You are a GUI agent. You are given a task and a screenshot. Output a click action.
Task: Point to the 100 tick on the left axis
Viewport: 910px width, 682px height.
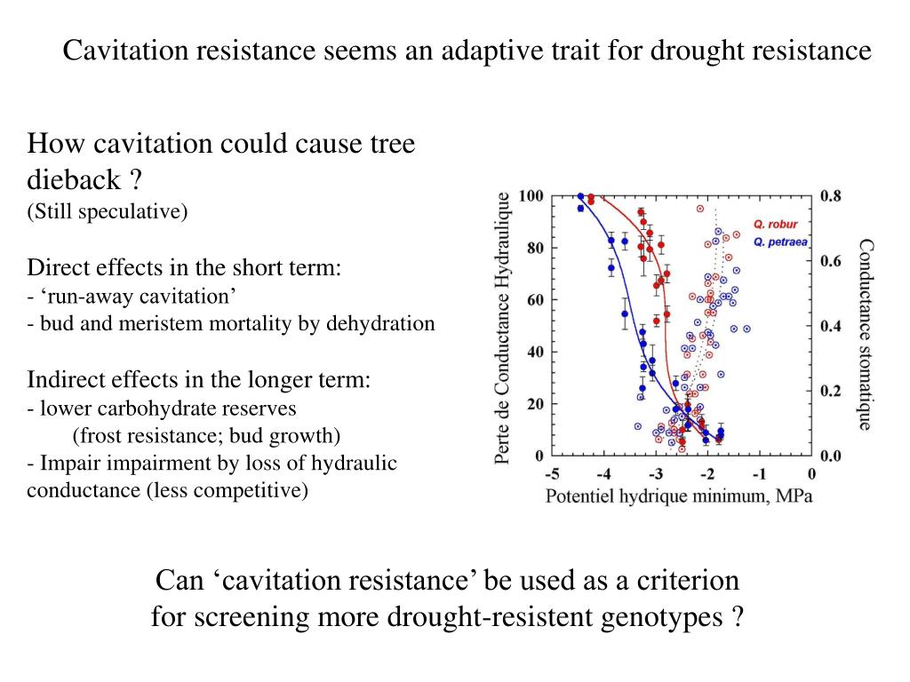[531, 196]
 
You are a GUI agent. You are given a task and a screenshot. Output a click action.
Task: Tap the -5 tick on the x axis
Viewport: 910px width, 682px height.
[552, 474]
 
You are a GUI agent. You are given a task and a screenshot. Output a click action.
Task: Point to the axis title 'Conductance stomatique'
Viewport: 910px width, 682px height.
[865, 334]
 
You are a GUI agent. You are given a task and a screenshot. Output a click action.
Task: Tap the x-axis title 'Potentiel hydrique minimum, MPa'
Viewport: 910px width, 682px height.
[678, 496]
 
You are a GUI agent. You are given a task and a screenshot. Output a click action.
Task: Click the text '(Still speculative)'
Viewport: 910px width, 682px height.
[108, 211]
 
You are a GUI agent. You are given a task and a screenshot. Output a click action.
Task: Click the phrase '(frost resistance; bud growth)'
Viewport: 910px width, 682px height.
[207, 436]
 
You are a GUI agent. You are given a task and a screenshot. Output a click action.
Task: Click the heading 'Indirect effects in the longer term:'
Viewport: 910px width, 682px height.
[199, 380]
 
